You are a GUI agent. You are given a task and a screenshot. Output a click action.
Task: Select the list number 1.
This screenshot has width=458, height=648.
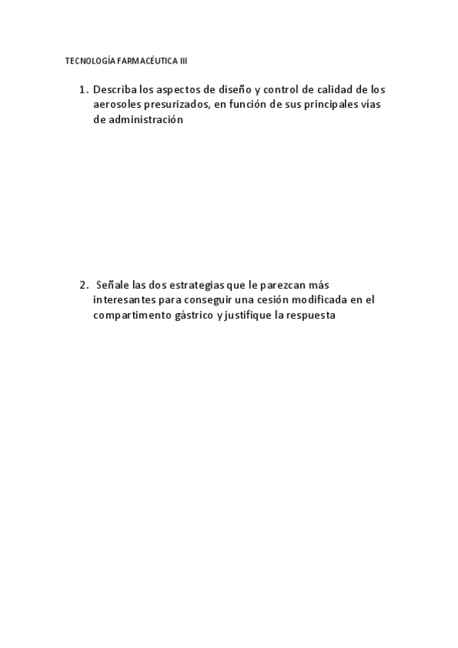83,89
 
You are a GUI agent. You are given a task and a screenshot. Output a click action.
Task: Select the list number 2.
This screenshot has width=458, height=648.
83,285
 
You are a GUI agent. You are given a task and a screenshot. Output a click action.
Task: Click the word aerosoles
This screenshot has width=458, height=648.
119,105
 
